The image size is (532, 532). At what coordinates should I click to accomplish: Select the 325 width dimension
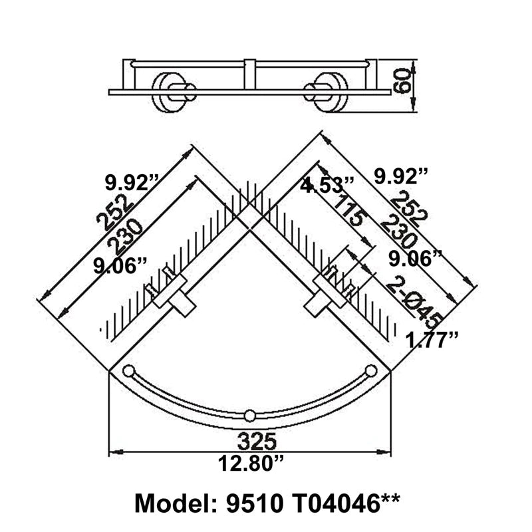249,440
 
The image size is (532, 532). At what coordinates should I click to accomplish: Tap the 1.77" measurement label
433,340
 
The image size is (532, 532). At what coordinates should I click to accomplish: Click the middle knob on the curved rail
249,416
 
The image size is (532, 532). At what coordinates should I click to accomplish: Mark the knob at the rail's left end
128,370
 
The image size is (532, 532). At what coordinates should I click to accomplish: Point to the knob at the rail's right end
371,370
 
